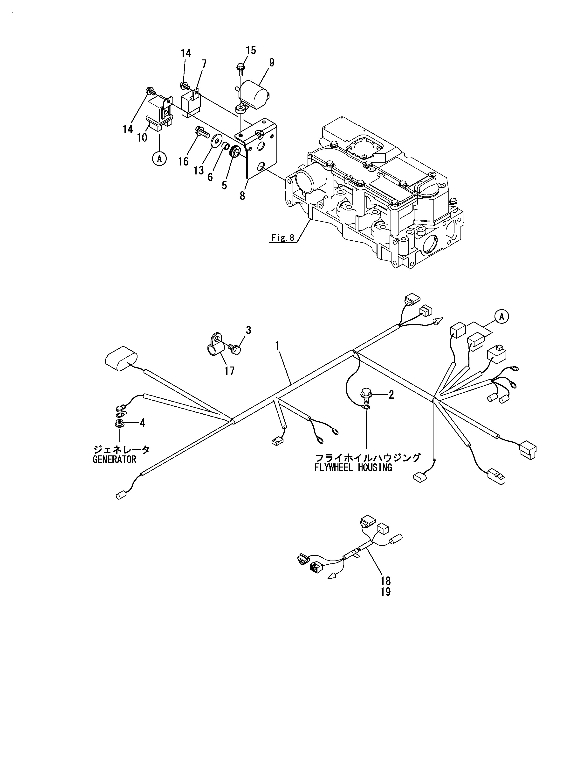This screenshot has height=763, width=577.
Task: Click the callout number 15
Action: coord(251,51)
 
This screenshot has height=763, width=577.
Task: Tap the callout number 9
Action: coord(272,63)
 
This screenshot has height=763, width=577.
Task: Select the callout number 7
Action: coord(204,64)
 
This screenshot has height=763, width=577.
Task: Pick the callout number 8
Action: coord(242,196)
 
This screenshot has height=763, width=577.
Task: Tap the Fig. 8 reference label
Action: coord(283,238)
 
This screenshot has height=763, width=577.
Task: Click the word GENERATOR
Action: coord(114,460)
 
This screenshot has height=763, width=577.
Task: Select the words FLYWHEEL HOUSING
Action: coord(353,468)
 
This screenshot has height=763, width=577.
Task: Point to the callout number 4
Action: coord(142,423)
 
